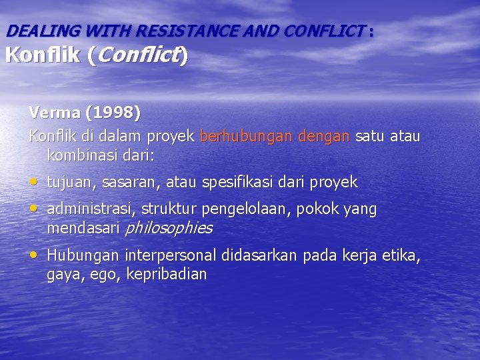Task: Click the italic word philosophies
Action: click(169, 229)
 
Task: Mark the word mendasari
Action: click(84, 229)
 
